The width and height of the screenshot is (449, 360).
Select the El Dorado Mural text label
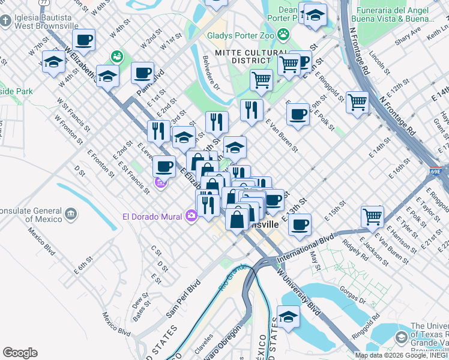pyautogui.click(x=153, y=216)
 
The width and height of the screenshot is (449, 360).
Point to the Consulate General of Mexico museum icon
pyautogui.click(x=71, y=214)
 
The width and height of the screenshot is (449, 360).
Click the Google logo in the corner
pyautogui.click(x=20, y=352)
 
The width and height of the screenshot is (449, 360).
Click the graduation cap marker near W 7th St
pyautogui.click(x=53, y=61)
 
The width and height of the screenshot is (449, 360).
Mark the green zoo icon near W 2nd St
pyautogui.click(x=116, y=57)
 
